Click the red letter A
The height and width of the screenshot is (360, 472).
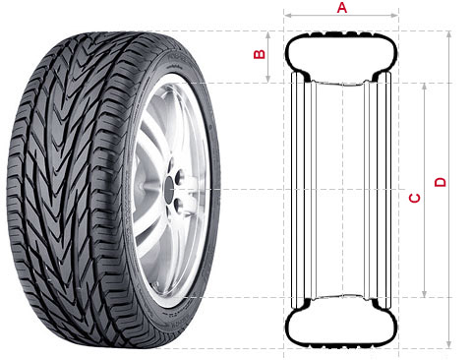[x=342, y=7]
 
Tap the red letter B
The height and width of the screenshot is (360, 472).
[x=260, y=54]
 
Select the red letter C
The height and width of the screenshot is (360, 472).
[x=415, y=198]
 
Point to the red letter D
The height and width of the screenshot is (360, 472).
[x=441, y=182]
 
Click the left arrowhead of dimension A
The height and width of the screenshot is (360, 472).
[x=287, y=15]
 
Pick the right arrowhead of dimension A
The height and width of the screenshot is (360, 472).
[x=395, y=15]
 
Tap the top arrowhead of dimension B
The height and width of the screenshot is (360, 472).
[x=268, y=34]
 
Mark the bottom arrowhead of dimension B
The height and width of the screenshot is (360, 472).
[x=268, y=79]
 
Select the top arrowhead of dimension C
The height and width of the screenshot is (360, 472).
[x=425, y=87]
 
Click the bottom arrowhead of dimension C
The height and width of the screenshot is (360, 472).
[x=425, y=294]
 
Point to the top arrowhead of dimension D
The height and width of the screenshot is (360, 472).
[x=449, y=34]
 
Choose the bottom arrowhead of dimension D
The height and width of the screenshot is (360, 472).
[x=449, y=345]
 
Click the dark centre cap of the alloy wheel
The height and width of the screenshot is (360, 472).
[x=169, y=190]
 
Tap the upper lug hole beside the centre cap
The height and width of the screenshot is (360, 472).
[x=180, y=177]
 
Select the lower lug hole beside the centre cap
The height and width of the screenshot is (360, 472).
[x=179, y=206]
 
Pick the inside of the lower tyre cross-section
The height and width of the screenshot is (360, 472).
[x=341, y=326]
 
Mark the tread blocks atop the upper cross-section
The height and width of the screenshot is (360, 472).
[x=341, y=33]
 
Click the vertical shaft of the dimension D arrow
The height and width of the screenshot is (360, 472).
[x=449, y=190]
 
